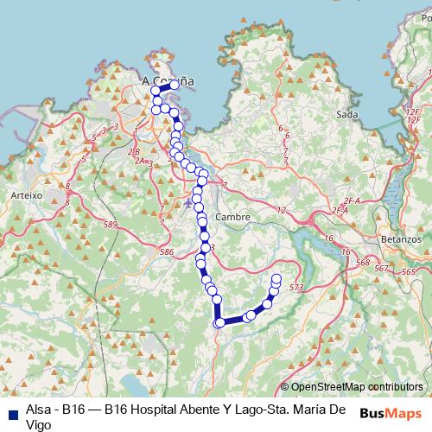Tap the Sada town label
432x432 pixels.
346,114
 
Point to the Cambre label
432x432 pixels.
232,217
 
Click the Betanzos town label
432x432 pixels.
400,238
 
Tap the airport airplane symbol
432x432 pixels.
189,203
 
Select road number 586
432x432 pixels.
167,251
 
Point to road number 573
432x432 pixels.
297,287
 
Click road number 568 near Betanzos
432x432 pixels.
362,263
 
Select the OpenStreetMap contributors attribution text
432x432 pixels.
355,387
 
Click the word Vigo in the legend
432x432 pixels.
41,423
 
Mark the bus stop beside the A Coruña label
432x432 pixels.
175,85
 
